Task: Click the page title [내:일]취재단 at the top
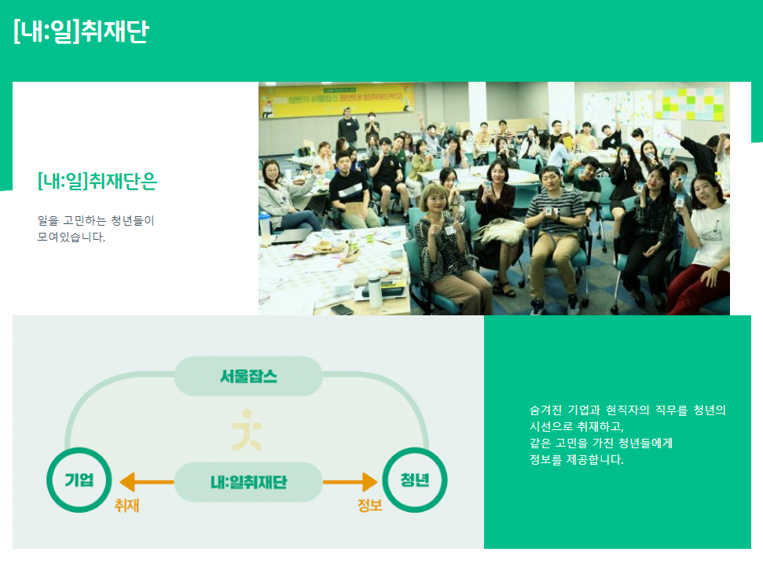[x=80, y=31]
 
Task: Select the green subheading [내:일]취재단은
[x=97, y=182]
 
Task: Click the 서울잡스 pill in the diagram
[x=248, y=376]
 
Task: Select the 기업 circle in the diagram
[x=79, y=480]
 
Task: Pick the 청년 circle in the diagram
[x=413, y=480]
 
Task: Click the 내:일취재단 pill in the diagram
[x=248, y=482]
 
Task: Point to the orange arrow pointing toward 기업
[x=145, y=481]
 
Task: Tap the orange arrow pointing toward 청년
[x=350, y=481]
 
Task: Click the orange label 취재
[x=127, y=506]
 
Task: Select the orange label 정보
[x=369, y=506]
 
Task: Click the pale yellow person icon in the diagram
[x=248, y=430]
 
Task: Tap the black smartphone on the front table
[x=342, y=309]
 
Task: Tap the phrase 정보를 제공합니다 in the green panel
[x=577, y=460]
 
